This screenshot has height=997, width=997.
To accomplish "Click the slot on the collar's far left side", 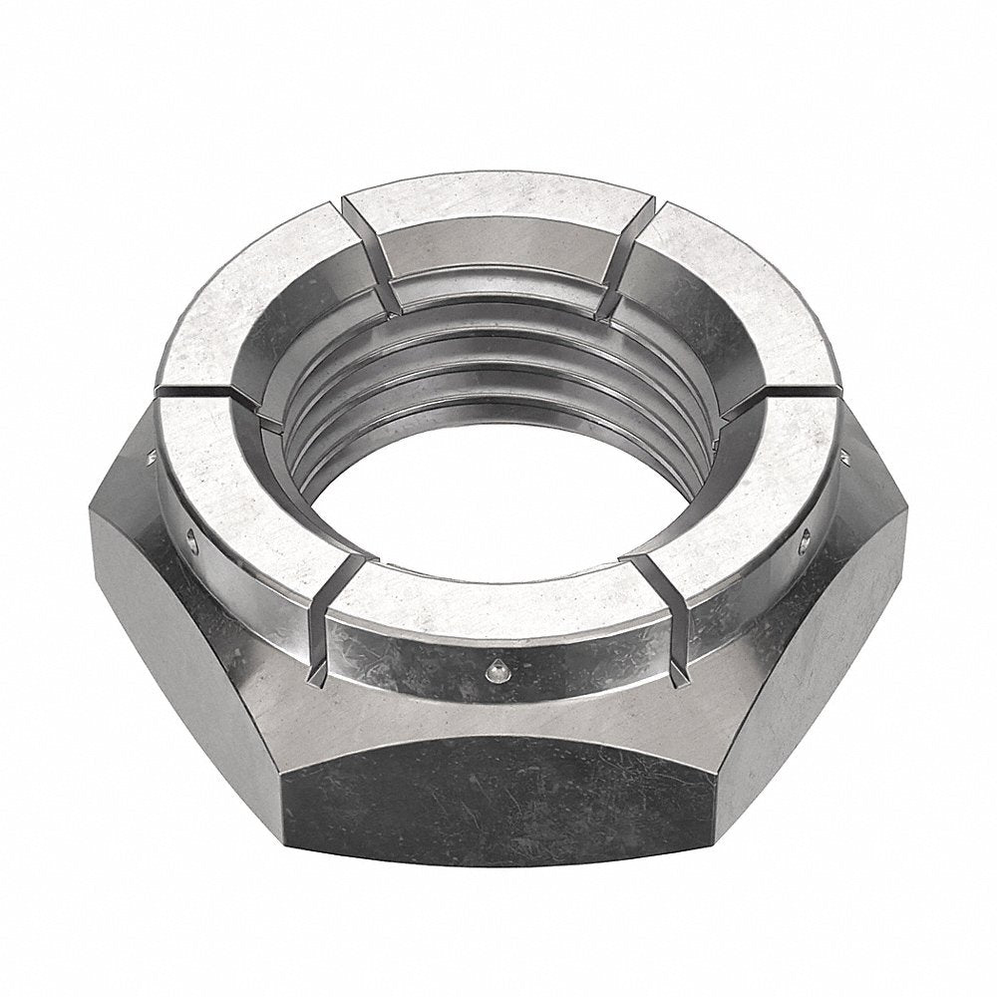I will coord(199,389).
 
